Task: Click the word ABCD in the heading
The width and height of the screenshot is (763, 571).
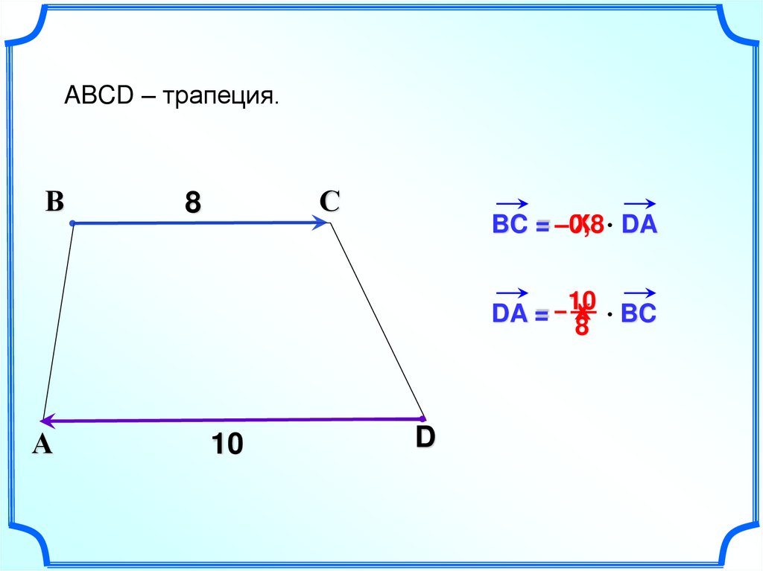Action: coord(97,95)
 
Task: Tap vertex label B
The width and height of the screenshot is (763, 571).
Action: coord(54,201)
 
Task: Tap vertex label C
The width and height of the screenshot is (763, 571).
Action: coord(329,200)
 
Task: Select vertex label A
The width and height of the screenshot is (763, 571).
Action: coord(42,444)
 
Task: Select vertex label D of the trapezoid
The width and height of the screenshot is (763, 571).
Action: coord(425,438)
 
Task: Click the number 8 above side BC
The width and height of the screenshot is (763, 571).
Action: coord(193,202)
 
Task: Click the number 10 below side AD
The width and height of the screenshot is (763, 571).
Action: coord(227,444)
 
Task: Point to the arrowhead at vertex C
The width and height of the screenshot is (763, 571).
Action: coord(322,222)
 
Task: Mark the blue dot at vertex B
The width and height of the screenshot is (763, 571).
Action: coord(72,223)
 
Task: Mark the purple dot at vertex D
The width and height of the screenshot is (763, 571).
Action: coord(422,419)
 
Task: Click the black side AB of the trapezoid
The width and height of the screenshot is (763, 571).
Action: coord(58,320)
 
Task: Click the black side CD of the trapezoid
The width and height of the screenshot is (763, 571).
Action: coord(376,320)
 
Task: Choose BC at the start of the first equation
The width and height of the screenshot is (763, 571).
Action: coord(510,225)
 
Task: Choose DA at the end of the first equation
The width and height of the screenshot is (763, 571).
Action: coord(640,225)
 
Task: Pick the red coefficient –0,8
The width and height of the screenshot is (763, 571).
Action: coord(578,225)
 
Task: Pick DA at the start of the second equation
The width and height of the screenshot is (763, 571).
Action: coord(510,314)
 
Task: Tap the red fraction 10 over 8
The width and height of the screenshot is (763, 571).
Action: coord(582,313)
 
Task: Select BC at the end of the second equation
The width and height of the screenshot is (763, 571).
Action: coord(639,314)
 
